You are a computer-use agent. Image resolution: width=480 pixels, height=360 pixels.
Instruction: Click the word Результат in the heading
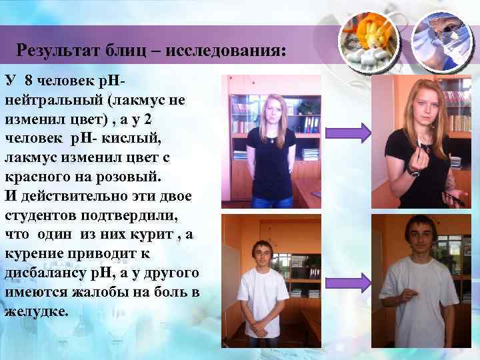[55, 50]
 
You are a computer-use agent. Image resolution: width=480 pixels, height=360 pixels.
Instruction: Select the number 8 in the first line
[28, 81]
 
